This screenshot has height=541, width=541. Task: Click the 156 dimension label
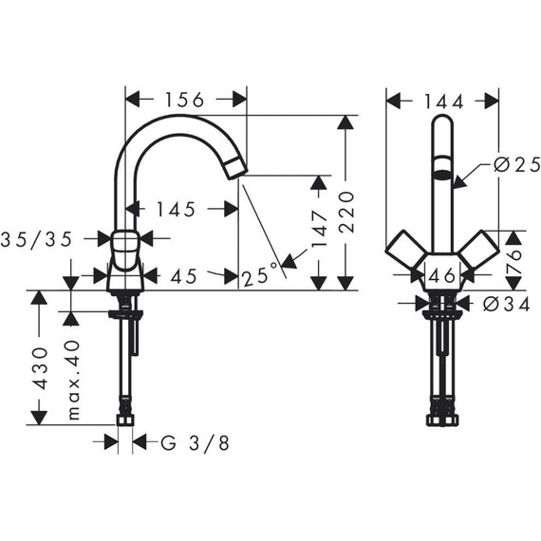click(x=186, y=99)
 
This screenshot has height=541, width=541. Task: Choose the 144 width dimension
click(x=442, y=99)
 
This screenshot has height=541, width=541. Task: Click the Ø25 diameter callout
click(x=514, y=164)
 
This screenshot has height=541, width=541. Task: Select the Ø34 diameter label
click(x=502, y=305)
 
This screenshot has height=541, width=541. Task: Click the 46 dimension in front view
click(x=440, y=276)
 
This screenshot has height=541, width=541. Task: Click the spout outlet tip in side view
click(x=235, y=171)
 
